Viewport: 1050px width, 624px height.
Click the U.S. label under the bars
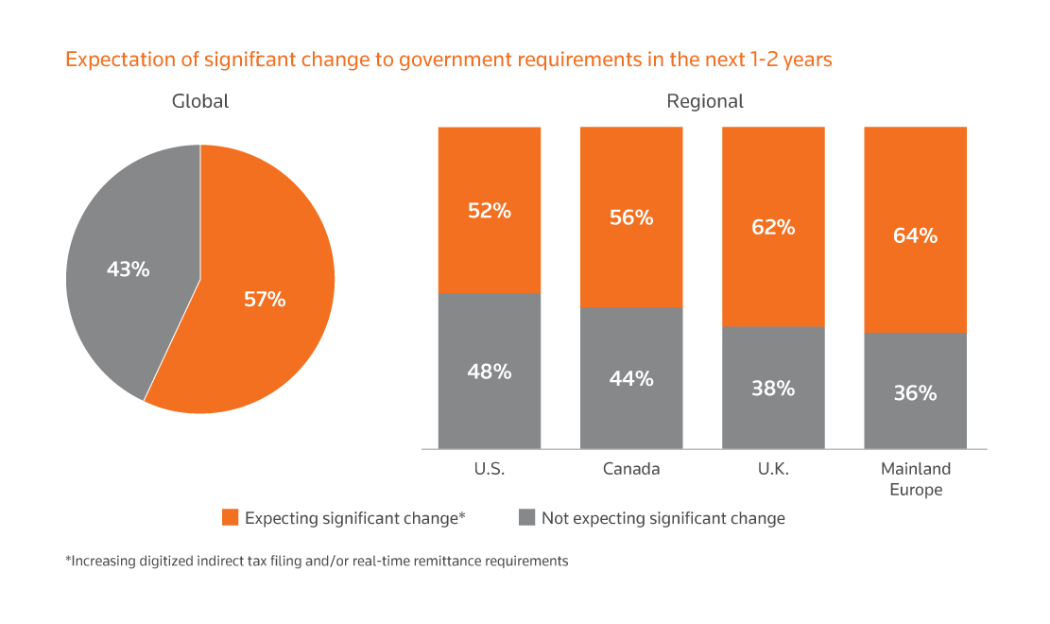(489, 469)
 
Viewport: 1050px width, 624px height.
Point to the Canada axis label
(631, 469)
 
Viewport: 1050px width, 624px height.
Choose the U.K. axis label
(773, 469)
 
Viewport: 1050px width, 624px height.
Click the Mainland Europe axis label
(916, 479)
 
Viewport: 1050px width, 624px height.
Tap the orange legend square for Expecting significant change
(230, 517)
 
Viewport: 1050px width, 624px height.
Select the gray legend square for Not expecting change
(526, 517)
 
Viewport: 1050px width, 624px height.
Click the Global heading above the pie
(200, 101)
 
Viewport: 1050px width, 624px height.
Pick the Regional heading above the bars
(705, 101)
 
